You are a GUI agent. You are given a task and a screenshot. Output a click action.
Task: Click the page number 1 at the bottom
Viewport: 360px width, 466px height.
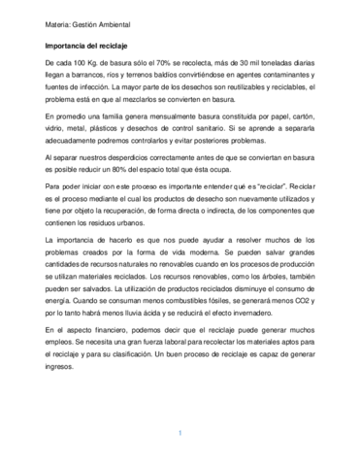[180, 432]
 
